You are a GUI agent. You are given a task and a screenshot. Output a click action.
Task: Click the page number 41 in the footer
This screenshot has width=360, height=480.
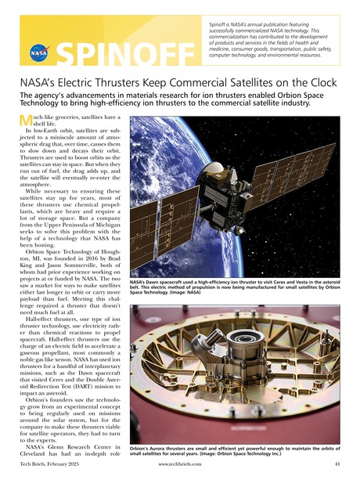[x=337, y=465]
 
